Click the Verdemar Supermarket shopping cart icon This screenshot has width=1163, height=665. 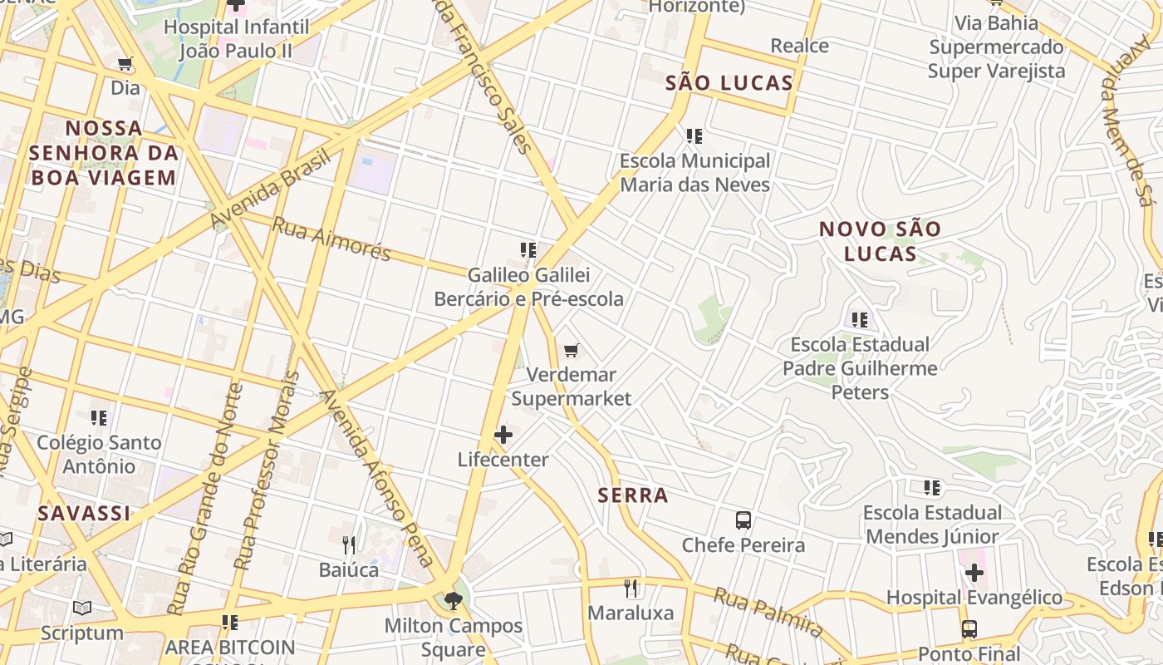coord(571,350)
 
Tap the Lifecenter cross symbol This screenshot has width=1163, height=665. coord(503,434)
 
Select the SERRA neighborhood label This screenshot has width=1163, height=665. coord(633,495)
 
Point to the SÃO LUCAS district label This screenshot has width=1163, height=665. coord(729,83)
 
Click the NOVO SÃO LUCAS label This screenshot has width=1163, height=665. coord(881,241)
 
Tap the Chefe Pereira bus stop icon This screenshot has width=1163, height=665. coord(743,520)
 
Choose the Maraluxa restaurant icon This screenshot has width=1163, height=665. coord(631,589)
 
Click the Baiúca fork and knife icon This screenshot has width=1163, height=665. coord(349,545)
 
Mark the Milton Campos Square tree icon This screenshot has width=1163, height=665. coord(454,600)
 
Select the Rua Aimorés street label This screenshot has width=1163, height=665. coord(331,239)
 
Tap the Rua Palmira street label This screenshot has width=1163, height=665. coord(768,612)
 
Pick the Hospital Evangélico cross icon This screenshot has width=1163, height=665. coord(974,573)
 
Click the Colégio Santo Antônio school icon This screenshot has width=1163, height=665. coord(99,417)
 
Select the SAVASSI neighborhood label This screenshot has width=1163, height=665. coord(84,514)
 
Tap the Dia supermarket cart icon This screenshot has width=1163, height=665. coord(125,64)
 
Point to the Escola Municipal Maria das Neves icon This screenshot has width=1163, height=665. coord(694,135)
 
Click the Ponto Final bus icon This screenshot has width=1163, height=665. coord(969,629)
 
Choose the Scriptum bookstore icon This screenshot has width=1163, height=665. coord(81,608)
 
